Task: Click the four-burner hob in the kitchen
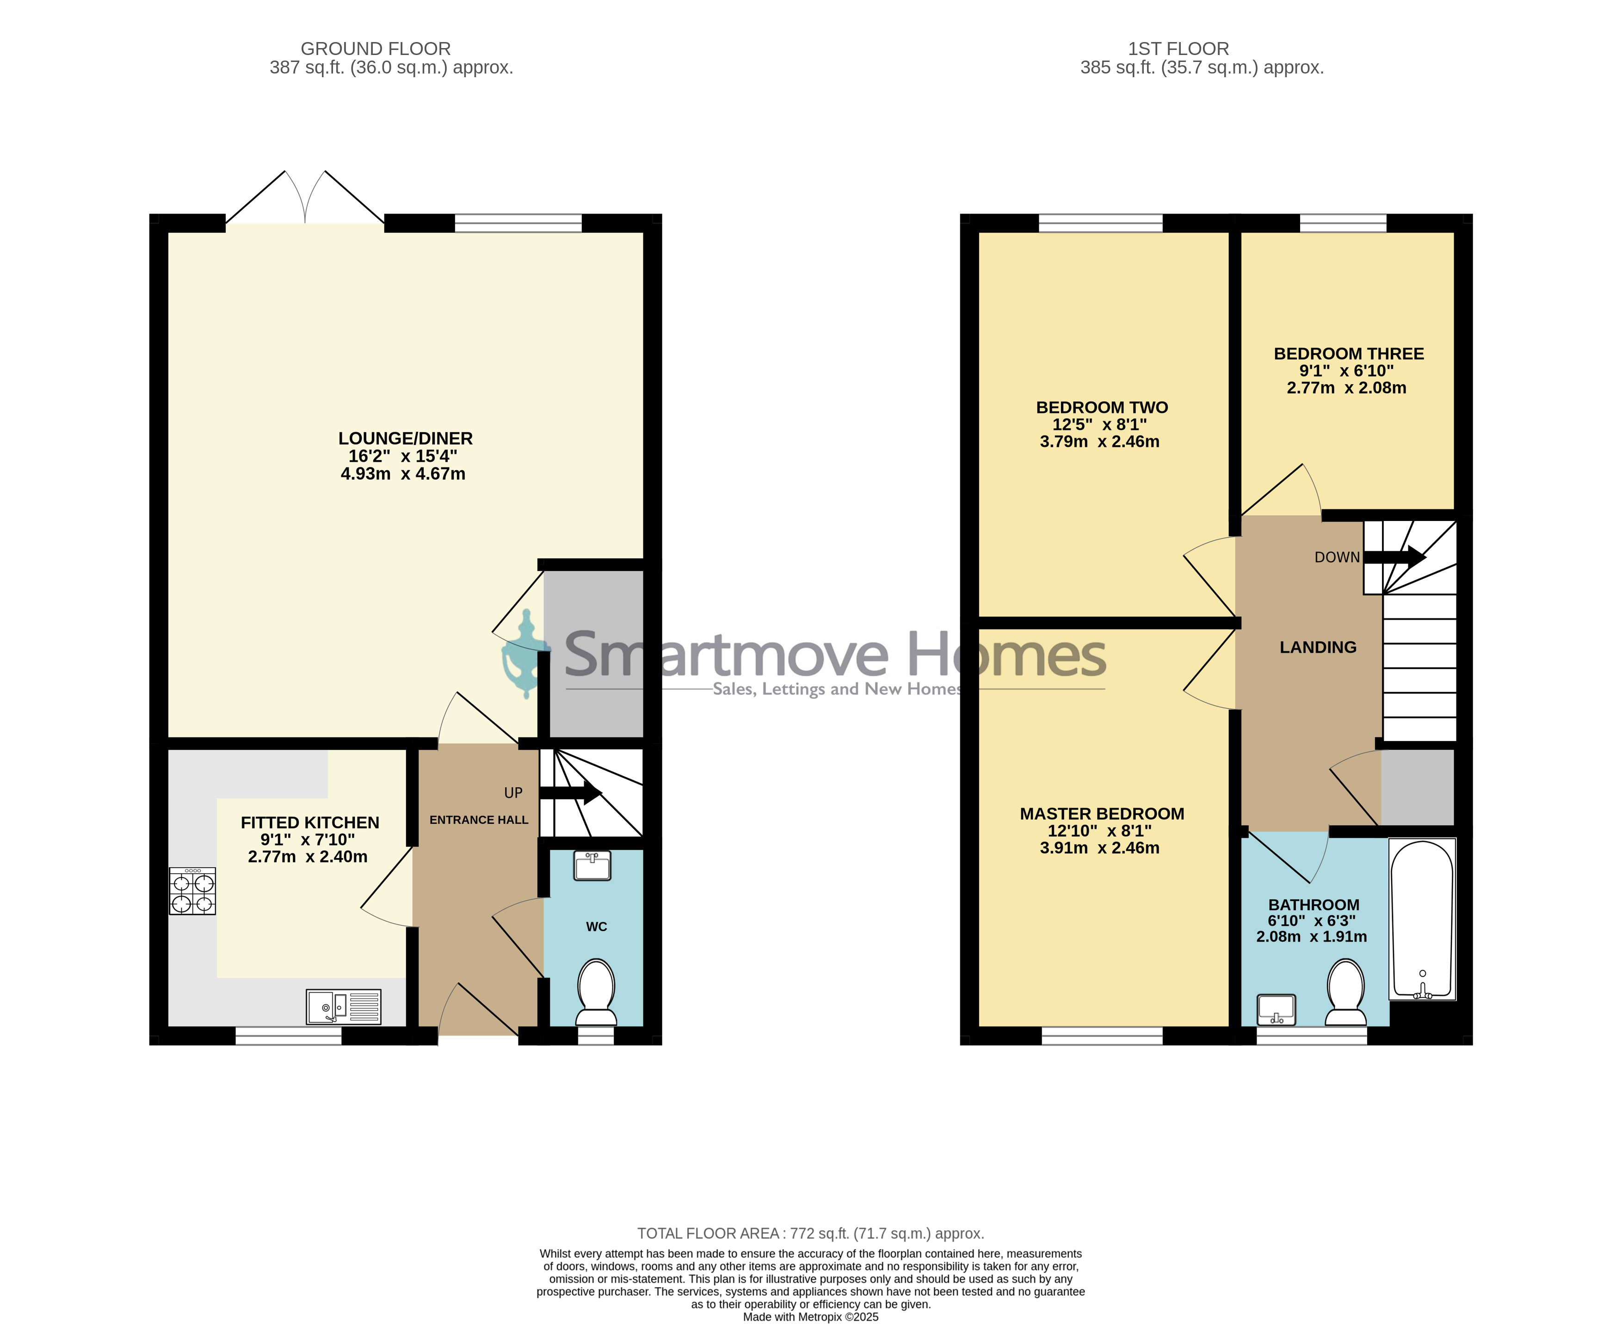pyautogui.click(x=192, y=891)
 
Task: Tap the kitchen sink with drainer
pyautogui.click(x=343, y=1007)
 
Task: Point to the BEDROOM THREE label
pyautogui.click(x=1349, y=354)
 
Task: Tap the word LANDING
pyautogui.click(x=1318, y=648)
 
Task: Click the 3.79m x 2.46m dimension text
pyautogui.click(x=1099, y=441)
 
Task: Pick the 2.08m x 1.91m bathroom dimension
pyautogui.click(x=1312, y=937)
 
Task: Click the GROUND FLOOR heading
pyautogui.click(x=376, y=49)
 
